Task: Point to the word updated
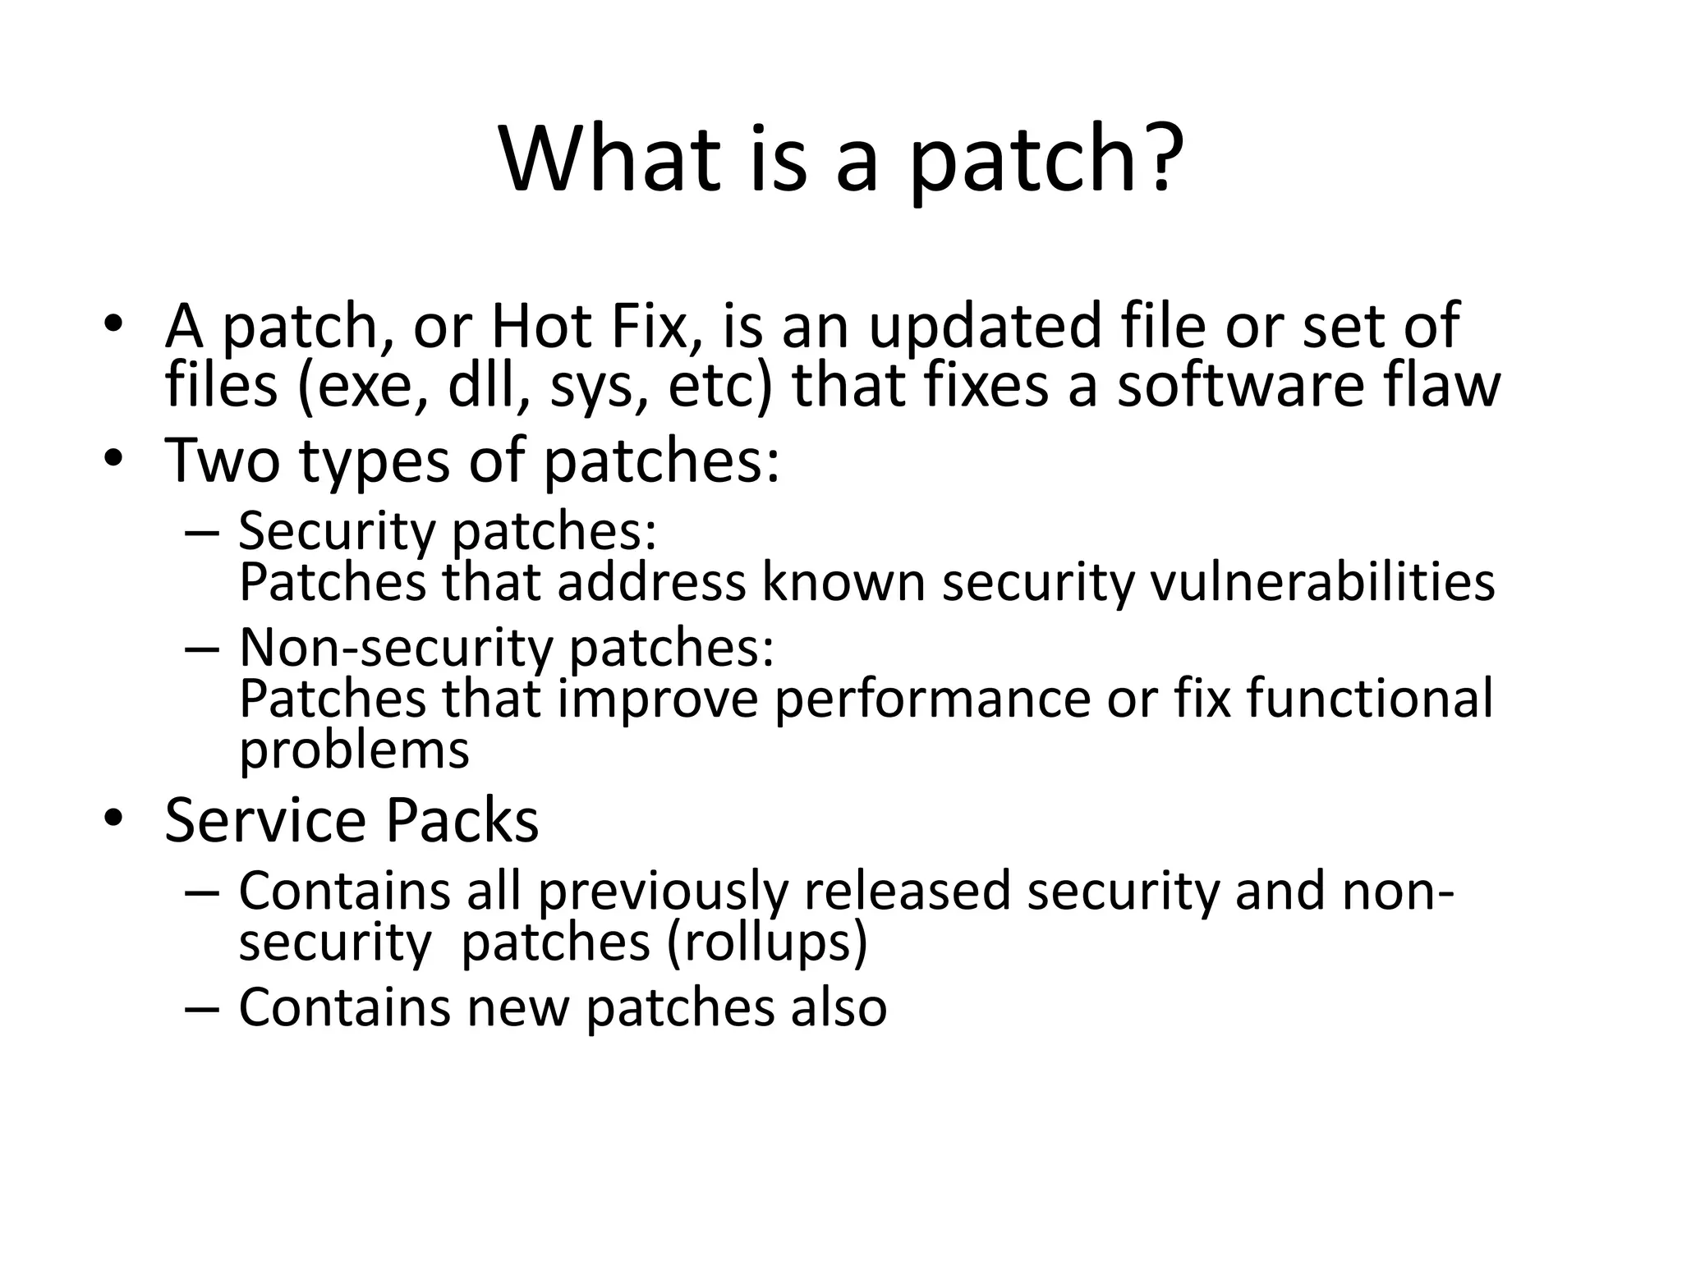(x=983, y=327)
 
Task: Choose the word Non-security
(x=396, y=647)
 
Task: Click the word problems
(x=354, y=750)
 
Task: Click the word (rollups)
(x=767, y=942)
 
